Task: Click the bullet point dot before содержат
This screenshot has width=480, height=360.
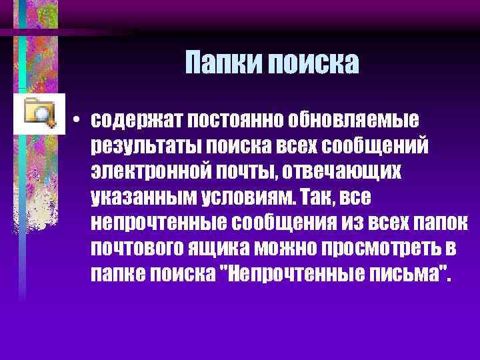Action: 78,122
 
